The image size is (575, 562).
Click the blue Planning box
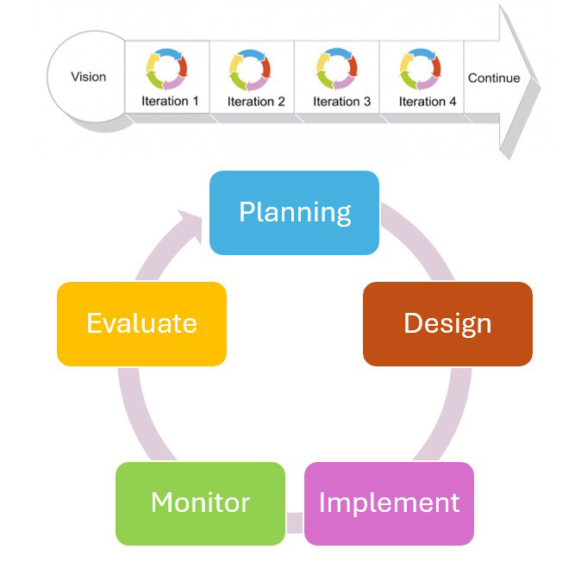[294, 213]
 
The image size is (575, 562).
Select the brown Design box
[447, 323]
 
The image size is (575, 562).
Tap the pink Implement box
[389, 503]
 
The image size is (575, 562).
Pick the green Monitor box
[200, 503]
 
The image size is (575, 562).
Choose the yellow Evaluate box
[141, 323]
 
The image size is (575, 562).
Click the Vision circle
[88, 78]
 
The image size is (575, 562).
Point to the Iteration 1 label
[170, 101]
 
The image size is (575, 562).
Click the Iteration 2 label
[256, 101]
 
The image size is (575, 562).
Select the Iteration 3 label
[341, 101]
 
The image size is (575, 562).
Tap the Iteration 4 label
[428, 101]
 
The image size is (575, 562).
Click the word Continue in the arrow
[494, 78]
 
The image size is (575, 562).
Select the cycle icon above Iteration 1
[166, 69]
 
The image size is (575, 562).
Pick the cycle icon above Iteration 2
[252, 69]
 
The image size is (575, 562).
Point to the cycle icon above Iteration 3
[337, 69]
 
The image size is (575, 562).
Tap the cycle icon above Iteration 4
[422, 69]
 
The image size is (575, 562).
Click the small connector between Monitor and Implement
[294, 521]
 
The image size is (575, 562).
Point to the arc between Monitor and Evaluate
[138, 414]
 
